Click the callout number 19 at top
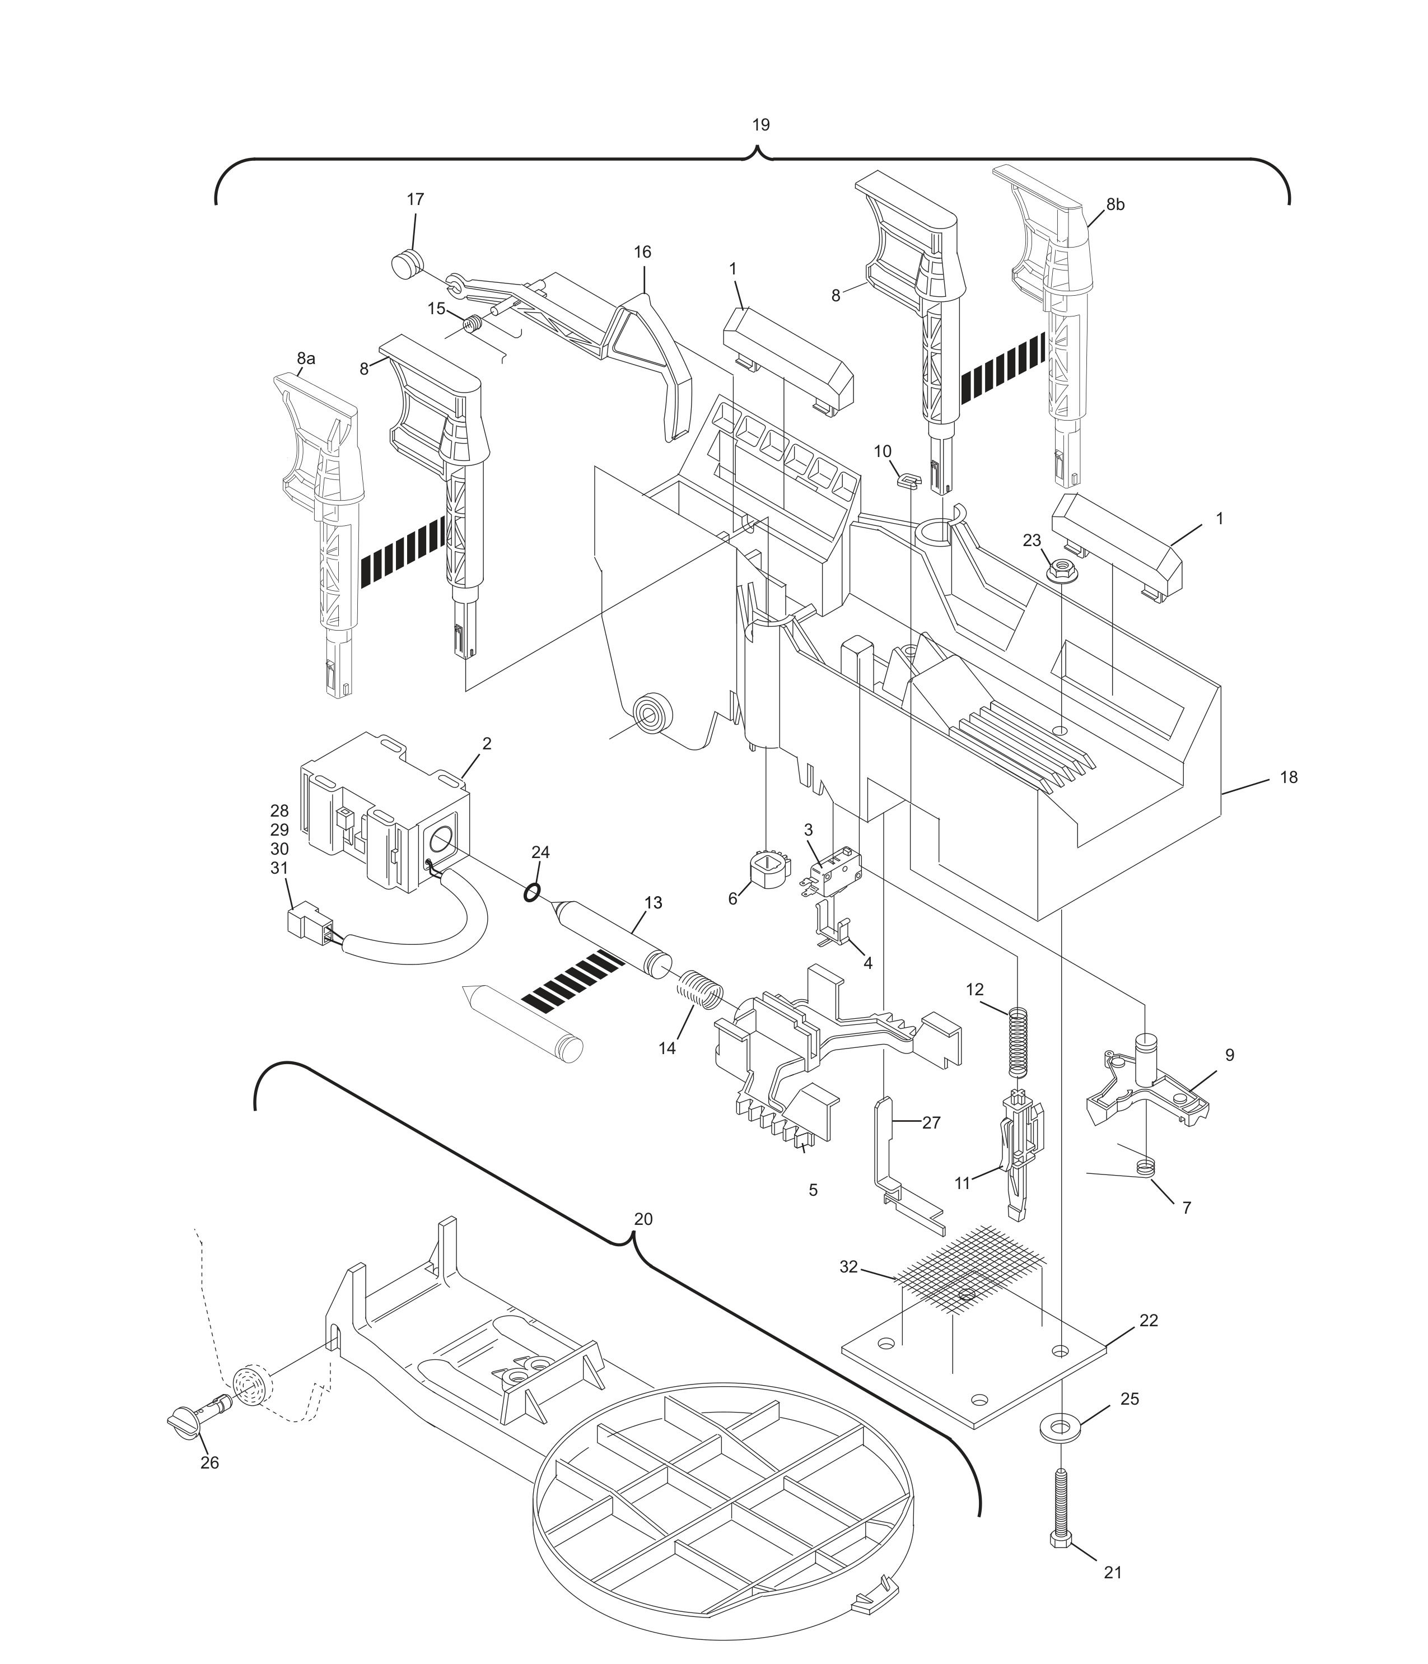click(760, 125)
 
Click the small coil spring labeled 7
click(1147, 1166)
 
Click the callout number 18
click(1288, 777)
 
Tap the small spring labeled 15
click(473, 324)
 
